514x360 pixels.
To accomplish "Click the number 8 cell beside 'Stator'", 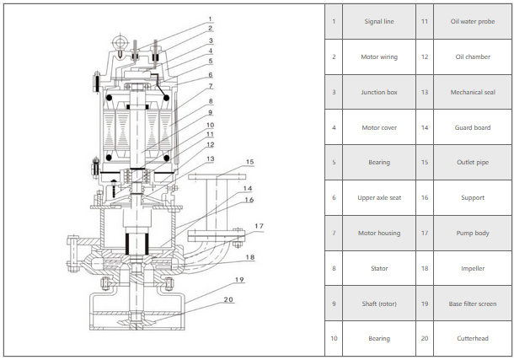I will click(x=334, y=267).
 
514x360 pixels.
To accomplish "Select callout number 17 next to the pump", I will click(x=260, y=226).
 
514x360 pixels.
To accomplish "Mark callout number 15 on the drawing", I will click(x=249, y=160).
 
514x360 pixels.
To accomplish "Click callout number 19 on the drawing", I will click(x=239, y=279).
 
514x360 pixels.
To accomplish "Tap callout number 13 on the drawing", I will click(x=211, y=159).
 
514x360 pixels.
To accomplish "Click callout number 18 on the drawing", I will click(x=249, y=256).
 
